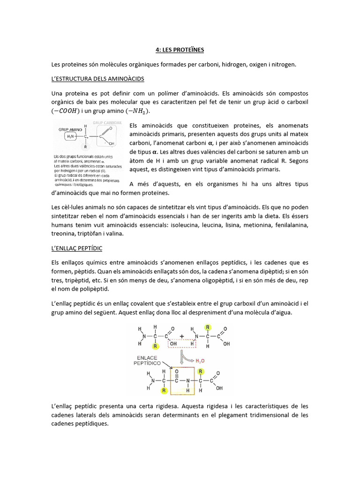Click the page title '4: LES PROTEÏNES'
point(180,49)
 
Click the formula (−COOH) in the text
point(68,111)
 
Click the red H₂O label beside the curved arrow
point(200,360)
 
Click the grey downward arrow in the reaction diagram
point(180,360)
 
